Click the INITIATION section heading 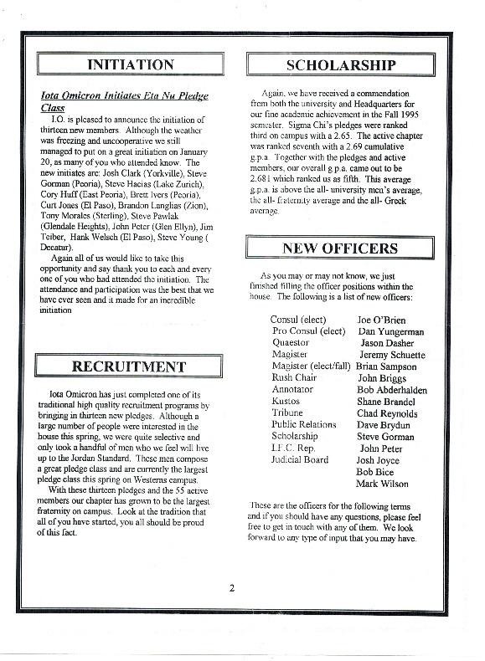click(130, 64)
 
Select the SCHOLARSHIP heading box click(341, 64)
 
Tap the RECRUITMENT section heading click(130, 366)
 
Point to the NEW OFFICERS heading click(341, 248)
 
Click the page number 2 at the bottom click(231, 587)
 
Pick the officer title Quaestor click(291, 343)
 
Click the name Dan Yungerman click(390, 331)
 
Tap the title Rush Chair click(294, 378)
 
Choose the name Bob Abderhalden click(392, 390)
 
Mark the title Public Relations click(304, 425)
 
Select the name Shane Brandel click(386, 402)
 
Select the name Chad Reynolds click(387, 413)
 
